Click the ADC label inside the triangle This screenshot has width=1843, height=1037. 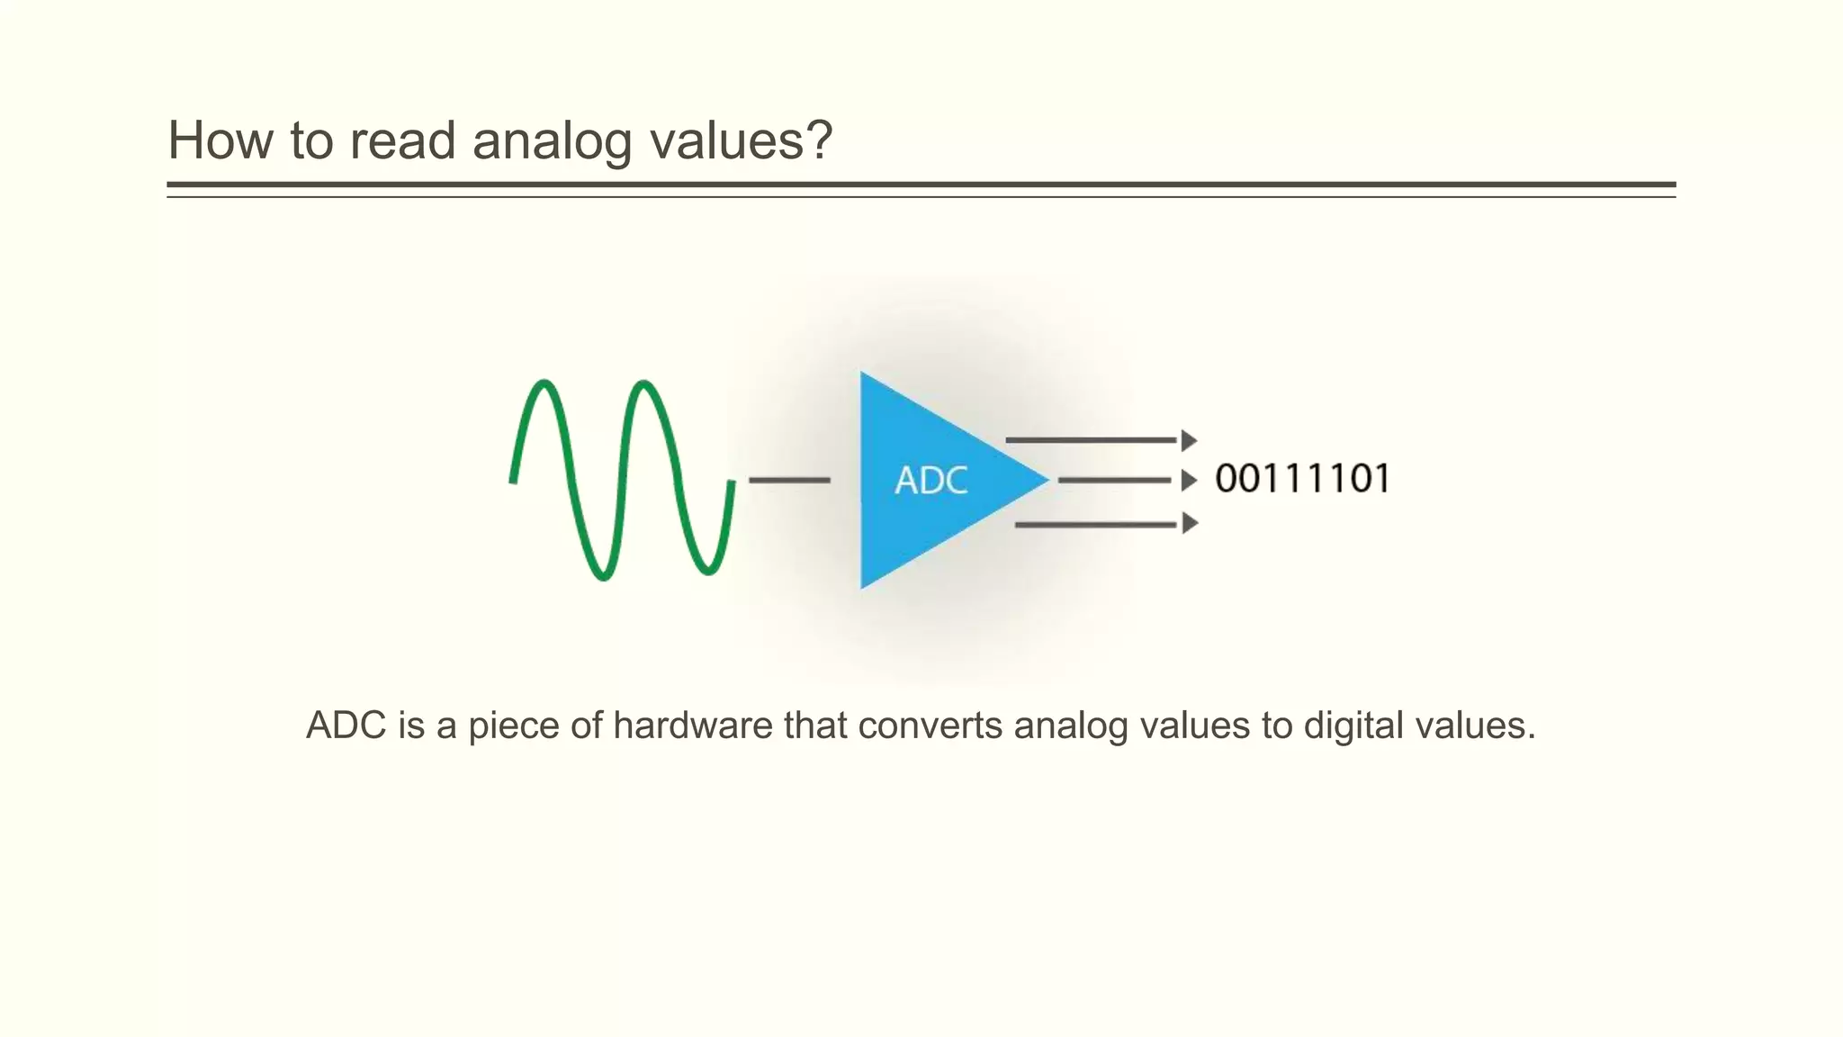click(x=930, y=481)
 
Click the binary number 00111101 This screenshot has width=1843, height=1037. click(x=1301, y=478)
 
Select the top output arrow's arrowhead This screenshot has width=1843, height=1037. click(x=1189, y=440)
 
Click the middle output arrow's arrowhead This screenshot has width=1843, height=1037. click(x=1189, y=481)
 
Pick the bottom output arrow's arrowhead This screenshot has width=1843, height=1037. click(x=1189, y=523)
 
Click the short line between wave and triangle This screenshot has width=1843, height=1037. click(x=789, y=481)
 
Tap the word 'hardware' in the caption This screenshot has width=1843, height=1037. click(x=693, y=726)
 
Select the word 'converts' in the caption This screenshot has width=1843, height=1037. click(x=930, y=726)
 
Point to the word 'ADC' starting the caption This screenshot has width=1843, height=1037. click(x=346, y=726)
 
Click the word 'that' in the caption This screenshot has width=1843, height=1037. click(x=815, y=726)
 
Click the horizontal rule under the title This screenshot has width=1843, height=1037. click(x=921, y=185)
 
